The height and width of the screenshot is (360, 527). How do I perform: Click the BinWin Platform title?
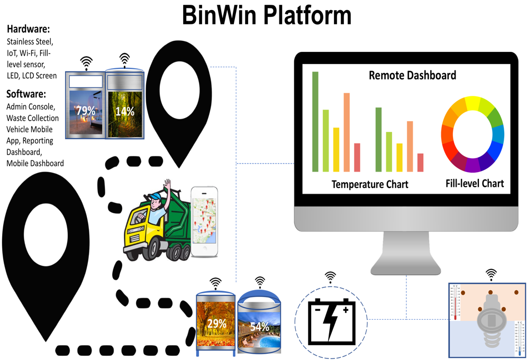click(266, 15)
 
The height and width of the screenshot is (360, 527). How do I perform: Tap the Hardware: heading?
click(28, 29)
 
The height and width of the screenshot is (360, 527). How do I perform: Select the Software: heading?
click(26, 94)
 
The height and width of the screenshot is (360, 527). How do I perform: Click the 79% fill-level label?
click(85, 111)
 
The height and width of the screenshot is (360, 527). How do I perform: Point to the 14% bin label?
click(125, 111)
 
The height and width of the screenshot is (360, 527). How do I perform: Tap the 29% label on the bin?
click(216, 322)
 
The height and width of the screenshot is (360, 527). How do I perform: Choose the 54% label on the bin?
click(259, 326)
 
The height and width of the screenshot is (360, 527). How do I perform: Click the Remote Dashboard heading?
click(412, 75)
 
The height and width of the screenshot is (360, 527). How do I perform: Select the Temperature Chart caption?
click(370, 184)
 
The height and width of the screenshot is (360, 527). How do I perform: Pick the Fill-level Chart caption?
click(475, 184)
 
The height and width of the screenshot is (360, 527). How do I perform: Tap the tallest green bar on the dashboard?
click(315, 121)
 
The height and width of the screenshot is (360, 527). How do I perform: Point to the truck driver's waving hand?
click(168, 186)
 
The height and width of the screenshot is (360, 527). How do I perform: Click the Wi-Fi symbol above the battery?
click(330, 276)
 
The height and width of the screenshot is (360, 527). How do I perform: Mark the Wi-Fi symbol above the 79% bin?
click(86, 61)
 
